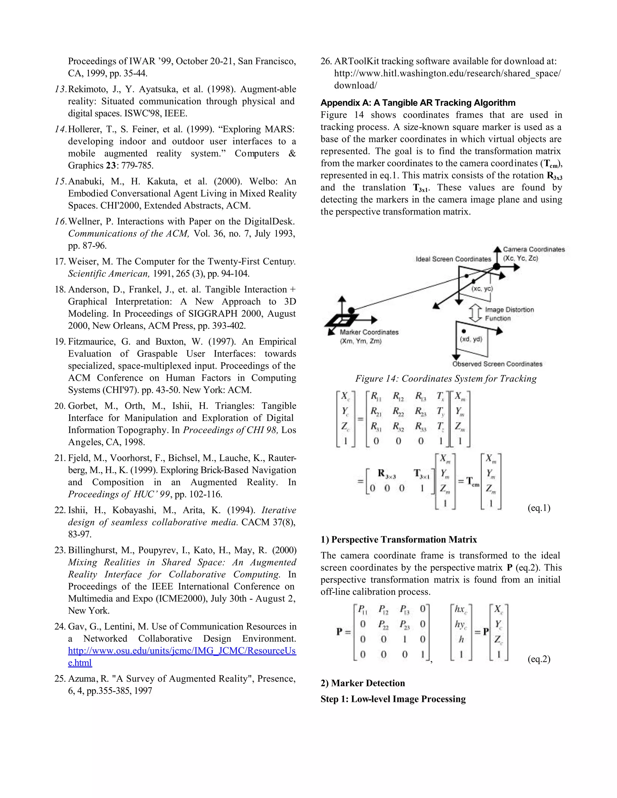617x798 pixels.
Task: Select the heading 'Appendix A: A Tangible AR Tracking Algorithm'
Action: click(x=418, y=103)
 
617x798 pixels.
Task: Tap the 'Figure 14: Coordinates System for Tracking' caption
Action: click(x=446, y=379)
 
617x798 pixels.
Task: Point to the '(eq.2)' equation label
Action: click(x=539, y=659)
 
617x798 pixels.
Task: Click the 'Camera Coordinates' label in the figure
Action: click(x=534, y=249)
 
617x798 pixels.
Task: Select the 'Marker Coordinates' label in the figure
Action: click(x=369, y=332)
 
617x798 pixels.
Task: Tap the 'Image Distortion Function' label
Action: click(x=509, y=314)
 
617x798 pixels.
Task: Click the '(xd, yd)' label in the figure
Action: click(x=471, y=339)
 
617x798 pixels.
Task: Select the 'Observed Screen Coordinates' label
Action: click(x=497, y=364)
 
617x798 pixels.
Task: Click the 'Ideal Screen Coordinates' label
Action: click(x=453, y=259)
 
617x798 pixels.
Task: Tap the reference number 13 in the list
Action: click(x=60, y=89)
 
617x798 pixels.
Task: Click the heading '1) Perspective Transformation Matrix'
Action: click(x=398, y=540)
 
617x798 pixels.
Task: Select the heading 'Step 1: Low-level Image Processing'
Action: click(x=393, y=699)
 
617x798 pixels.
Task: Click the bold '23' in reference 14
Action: click(x=111, y=166)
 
